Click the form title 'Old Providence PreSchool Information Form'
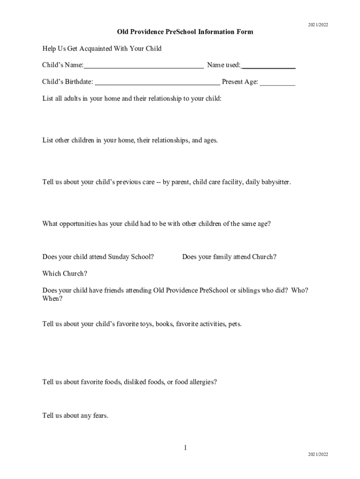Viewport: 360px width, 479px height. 185,32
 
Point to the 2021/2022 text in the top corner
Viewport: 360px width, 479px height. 318,25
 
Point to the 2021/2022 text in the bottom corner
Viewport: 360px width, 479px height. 318,454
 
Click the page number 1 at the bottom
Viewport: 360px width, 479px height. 185,448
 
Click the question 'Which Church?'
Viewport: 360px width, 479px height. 65,274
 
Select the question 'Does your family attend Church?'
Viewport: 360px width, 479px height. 229,257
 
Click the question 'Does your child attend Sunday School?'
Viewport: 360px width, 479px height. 98,257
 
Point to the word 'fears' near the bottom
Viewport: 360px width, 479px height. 100,415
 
